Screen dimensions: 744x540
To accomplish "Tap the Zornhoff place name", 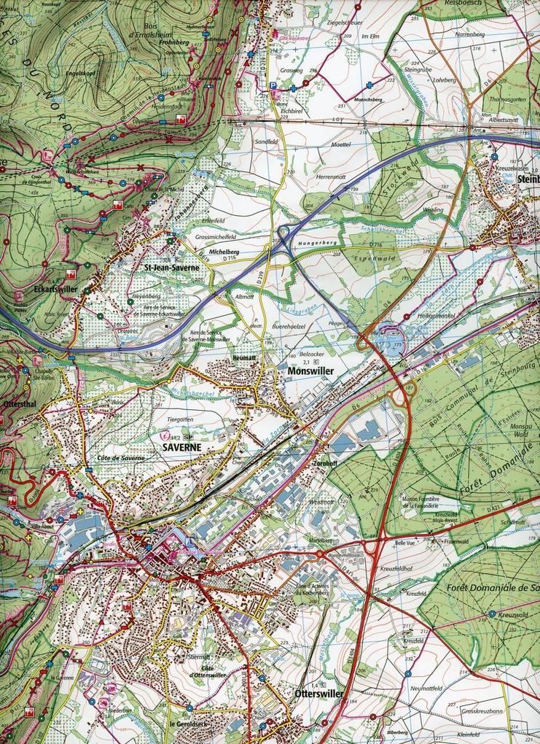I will (x=321, y=462).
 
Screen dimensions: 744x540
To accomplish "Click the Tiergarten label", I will (x=178, y=419).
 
